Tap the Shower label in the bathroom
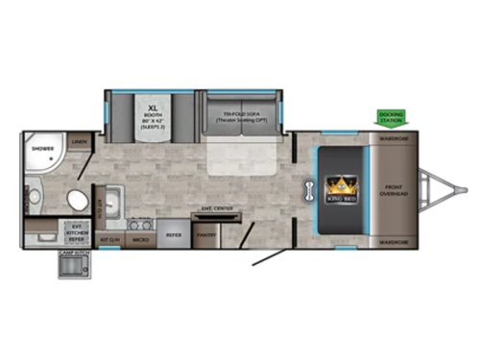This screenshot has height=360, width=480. [42, 149]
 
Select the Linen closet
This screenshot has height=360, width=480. [80, 143]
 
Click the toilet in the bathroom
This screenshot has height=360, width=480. [76, 199]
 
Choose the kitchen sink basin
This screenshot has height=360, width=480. [109, 201]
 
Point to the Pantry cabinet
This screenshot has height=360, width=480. [204, 233]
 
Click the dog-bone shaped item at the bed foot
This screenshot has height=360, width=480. [310, 188]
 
